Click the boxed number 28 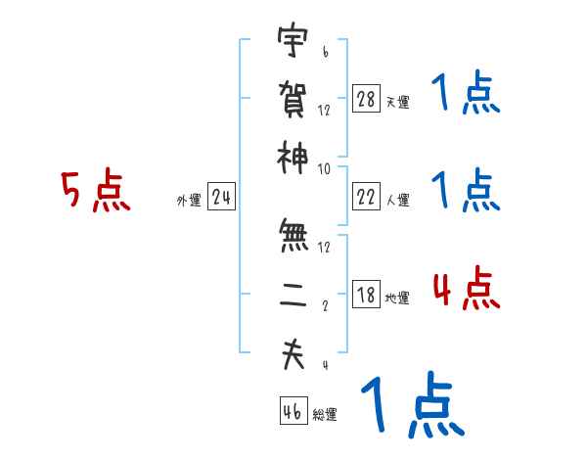tap(366, 98)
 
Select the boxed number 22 tap(366, 197)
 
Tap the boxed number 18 tap(366, 296)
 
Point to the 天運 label tap(398, 102)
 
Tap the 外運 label tap(189, 201)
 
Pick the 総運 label tap(326, 414)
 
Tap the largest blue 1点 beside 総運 tap(411, 403)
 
